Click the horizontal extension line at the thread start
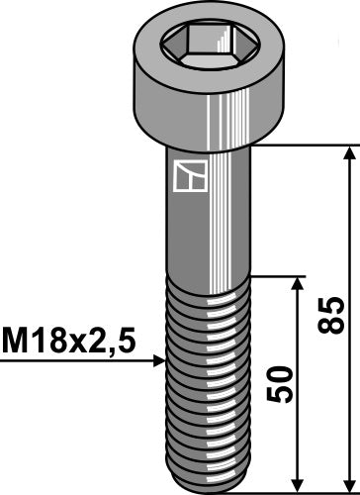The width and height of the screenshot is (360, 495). pos(277,276)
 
